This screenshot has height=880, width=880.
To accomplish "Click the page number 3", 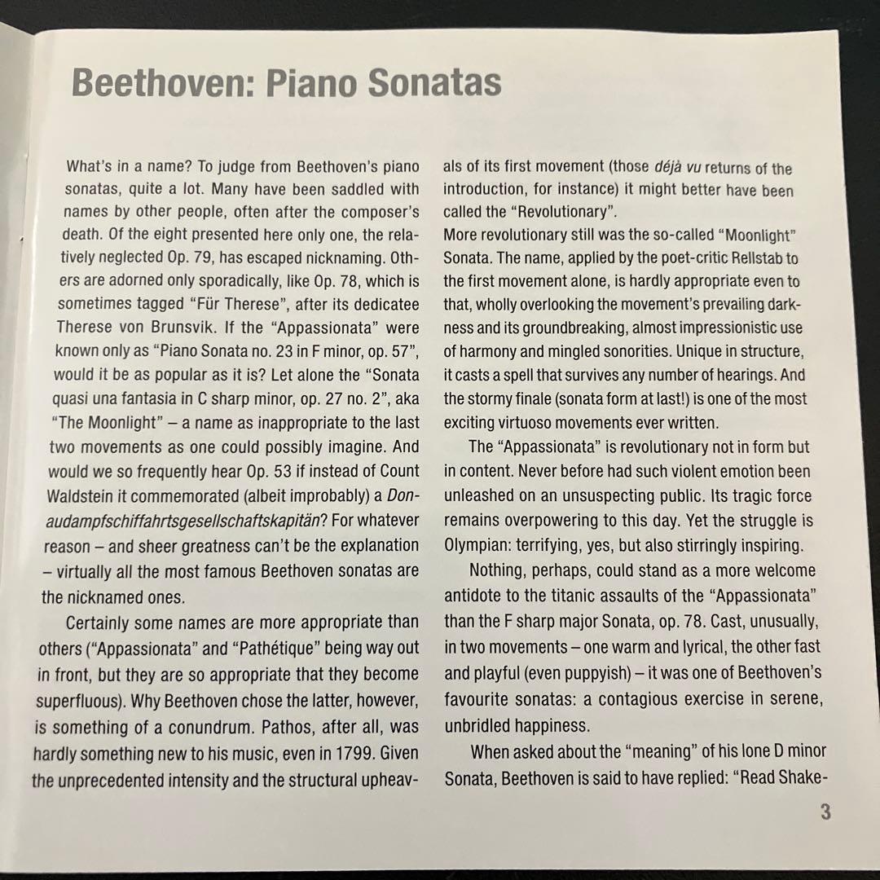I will [825, 812].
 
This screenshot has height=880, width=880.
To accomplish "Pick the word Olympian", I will [482, 545].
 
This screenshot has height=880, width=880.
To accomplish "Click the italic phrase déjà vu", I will [676, 169].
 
